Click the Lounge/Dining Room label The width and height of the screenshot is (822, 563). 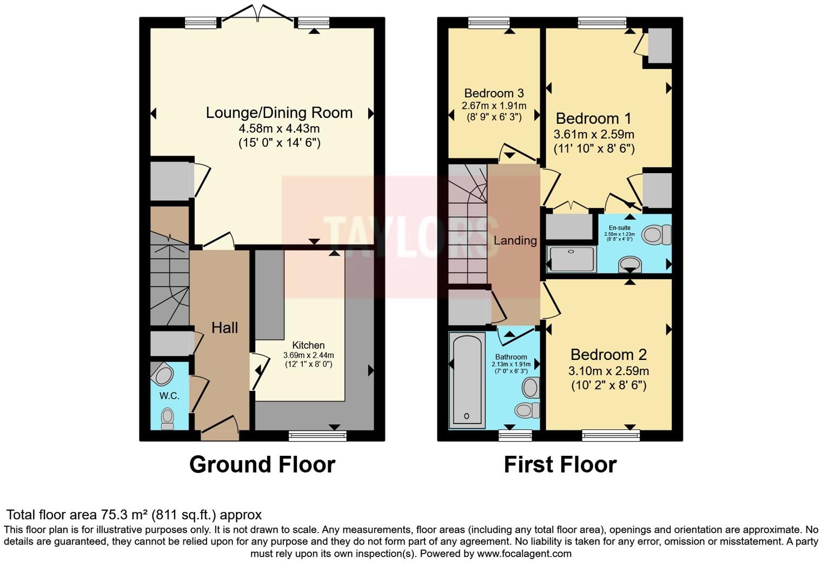click(279, 113)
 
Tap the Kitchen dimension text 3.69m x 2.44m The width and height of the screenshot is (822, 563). click(308, 355)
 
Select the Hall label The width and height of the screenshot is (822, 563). click(224, 328)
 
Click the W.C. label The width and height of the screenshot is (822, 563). click(169, 396)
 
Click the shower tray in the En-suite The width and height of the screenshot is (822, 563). click(572, 259)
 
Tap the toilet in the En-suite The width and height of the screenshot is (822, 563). click(656, 235)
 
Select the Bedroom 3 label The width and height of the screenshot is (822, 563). click(494, 93)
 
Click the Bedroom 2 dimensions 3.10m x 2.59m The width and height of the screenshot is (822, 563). click(608, 371)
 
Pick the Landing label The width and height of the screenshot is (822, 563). click(515, 240)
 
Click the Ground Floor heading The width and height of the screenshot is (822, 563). click(262, 464)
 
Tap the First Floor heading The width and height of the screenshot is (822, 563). click(560, 464)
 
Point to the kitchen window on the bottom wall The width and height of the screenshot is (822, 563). click(317, 435)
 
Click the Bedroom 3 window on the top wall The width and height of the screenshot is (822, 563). click(489, 23)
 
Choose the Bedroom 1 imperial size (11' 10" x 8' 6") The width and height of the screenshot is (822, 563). click(594, 148)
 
